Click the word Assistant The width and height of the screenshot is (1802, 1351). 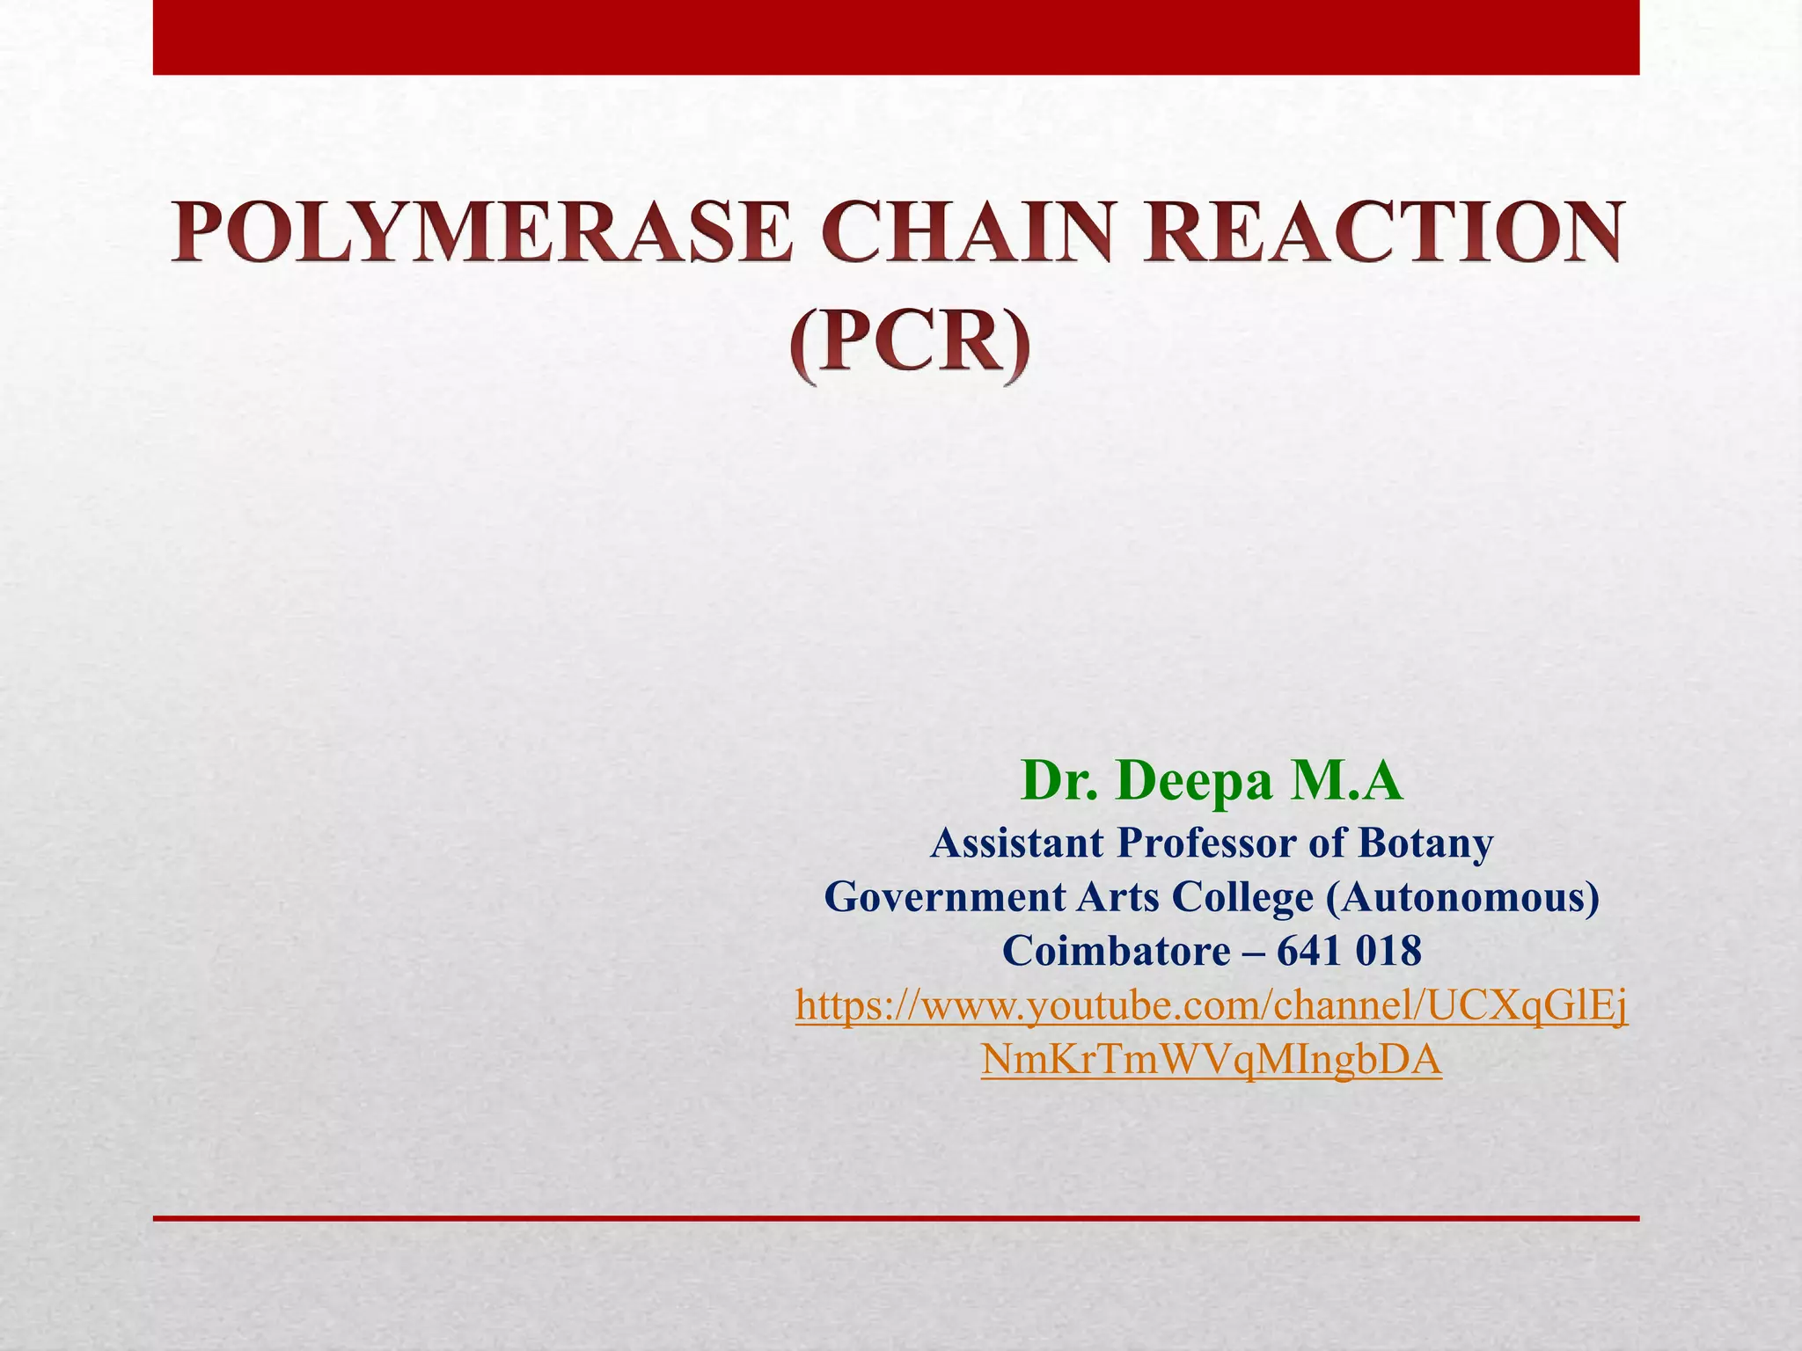[x=1016, y=843]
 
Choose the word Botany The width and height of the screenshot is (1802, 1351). [x=1425, y=843]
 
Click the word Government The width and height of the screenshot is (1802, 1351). [x=944, y=897]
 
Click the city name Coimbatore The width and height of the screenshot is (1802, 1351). [x=1117, y=951]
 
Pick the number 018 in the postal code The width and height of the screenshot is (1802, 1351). [x=1389, y=951]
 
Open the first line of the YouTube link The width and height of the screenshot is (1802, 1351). [x=1211, y=1005]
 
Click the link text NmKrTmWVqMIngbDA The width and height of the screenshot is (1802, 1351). [x=1211, y=1060]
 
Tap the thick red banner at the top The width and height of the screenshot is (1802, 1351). [x=896, y=37]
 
